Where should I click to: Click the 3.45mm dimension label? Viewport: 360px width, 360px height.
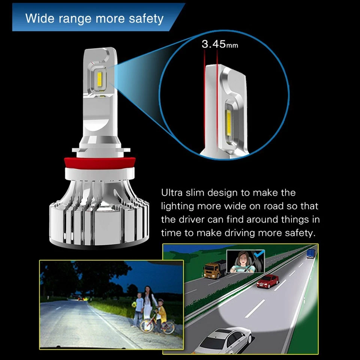pyautogui.click(x=220, y=44)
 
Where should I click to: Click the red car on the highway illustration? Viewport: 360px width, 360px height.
pyautogui.click(x=268, y=281)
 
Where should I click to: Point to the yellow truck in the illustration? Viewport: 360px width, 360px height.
pyautogui.click(x=215, y=269)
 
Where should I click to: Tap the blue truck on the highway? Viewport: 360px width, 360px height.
pyautogui.click(x=310, y=253)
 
